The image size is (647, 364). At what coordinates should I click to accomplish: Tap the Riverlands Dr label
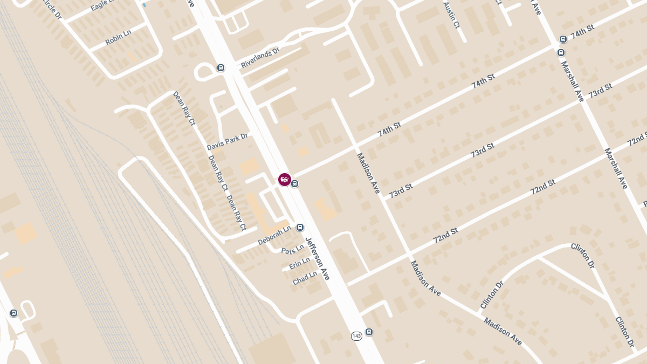coord(260,58)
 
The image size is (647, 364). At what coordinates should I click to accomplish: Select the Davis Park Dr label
coord(227,142)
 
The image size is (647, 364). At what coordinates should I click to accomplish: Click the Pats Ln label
coord(293,250)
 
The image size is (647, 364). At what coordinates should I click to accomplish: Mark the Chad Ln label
coord(305,278)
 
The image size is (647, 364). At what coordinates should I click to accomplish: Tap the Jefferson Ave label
coord(317,258)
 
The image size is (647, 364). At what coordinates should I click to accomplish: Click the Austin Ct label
coord(451,15)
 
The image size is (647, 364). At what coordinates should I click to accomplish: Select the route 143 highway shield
coord(356,336)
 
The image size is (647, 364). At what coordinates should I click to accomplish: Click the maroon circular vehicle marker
coord(284,180)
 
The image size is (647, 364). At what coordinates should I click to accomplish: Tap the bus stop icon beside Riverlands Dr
coord(221,67)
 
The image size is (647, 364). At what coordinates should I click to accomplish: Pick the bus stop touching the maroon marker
coord(295,184)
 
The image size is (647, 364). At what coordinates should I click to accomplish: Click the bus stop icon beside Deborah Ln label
coord(300,228)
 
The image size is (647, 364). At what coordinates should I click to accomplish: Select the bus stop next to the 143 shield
coord(369,332)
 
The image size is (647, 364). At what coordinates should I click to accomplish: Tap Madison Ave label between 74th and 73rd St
coord(368,173)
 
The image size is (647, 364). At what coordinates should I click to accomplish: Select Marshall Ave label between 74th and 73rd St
coord(572,81)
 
